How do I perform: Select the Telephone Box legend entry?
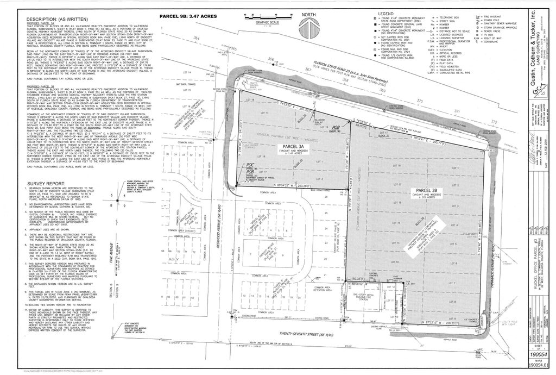(x=450, y=17)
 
